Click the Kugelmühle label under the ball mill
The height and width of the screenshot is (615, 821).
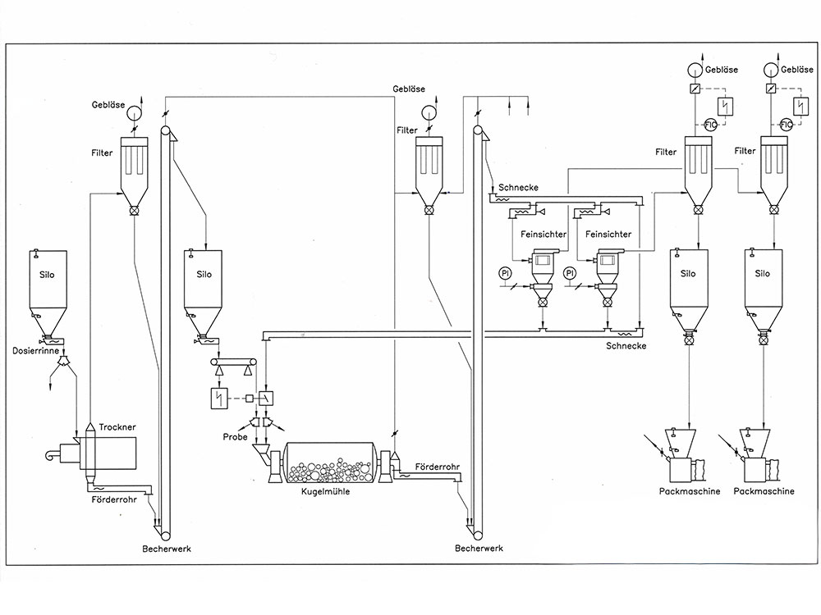tap(325, 491)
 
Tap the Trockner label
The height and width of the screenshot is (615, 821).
tap(117, 427)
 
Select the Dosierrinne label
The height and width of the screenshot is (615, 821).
tap(35, 350)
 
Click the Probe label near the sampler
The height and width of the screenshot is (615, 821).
tap(235, 437)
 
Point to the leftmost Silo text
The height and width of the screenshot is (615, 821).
tap(47, 275)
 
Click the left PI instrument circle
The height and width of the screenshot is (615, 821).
tap(505, 273)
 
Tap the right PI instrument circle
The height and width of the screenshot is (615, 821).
tap(570, 273)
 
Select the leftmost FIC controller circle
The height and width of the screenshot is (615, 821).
tap(710, 125)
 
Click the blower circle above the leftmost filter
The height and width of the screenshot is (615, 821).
tap(134, 112)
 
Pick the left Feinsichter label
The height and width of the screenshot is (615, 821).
tap(543, 235)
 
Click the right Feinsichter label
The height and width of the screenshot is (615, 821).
tap(608, 235)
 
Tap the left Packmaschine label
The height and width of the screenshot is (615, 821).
tap(690, 491)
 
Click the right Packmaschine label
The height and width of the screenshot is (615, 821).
tap(764, 491)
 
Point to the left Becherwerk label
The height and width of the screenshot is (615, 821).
tap(167, 549)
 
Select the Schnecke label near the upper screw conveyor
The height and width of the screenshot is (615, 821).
tap(518, 187)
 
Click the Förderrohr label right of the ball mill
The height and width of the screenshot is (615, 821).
tap(438, 467)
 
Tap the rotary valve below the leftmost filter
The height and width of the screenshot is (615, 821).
tap(134, 211)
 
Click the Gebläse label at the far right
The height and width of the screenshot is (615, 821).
tap(797, 70)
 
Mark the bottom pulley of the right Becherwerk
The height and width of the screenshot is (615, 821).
tap(478, 535)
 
